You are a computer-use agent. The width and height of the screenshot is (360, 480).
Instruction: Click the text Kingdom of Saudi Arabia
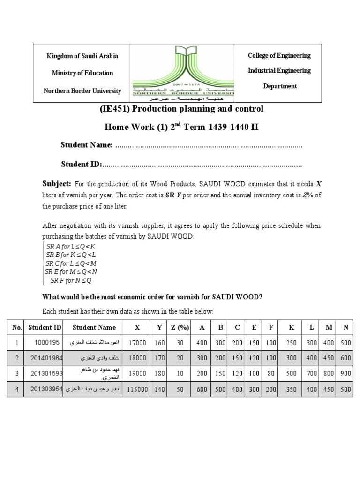82,56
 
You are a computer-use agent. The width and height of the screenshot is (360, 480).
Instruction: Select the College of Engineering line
279,55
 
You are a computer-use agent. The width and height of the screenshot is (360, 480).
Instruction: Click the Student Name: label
87,145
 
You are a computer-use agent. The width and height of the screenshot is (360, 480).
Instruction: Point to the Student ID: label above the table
82,164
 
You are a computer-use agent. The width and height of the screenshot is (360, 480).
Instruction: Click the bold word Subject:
57,183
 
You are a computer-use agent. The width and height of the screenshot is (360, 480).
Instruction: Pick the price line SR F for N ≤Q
71,280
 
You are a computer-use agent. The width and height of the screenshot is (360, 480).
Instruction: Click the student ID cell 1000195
48,343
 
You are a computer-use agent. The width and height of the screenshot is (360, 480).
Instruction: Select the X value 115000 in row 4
137,389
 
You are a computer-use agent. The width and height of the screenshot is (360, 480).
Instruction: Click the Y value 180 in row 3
159,374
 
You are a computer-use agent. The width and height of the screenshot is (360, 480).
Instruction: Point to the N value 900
345,374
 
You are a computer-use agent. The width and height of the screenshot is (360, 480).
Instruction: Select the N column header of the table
345,328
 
